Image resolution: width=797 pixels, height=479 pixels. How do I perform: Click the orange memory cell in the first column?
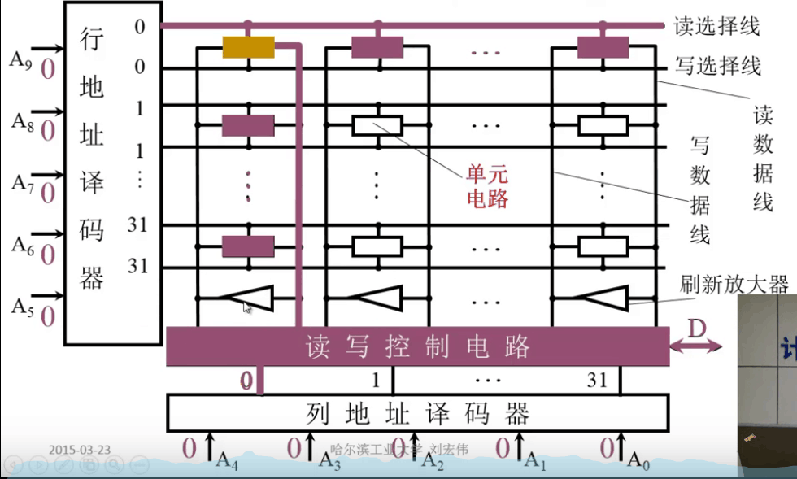tap(248, 48)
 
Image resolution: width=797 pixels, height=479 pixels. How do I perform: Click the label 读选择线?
tap(716, 26)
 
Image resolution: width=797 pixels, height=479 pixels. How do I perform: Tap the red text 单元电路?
tap(486, 186)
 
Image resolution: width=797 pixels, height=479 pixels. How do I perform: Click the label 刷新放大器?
tap(734, 284)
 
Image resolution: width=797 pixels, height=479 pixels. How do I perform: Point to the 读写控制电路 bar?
tap(417, 347)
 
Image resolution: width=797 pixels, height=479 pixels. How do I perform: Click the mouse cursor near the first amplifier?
tap(247, 306)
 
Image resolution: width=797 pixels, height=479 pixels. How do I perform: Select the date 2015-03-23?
tap(79, 449)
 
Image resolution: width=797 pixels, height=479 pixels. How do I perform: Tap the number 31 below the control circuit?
tap(598, 380)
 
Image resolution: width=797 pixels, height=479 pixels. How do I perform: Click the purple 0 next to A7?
tap(48, 194)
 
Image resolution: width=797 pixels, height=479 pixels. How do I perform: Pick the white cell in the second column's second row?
tap(377, 125)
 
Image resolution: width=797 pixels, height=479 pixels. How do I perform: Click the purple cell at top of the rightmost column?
tap(603, 47)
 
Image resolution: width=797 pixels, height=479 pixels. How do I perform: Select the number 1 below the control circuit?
tap(376, 380)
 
